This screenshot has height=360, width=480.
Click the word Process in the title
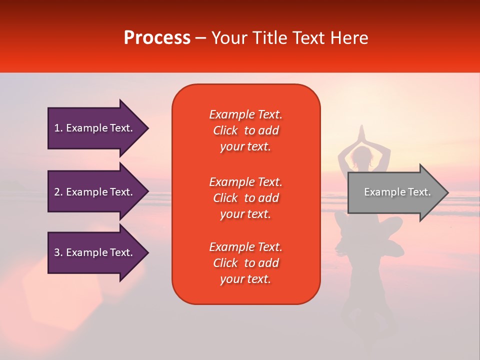pyautogui.click(x=157, y=38)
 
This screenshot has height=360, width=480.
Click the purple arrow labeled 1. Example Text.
pyautogui.click(x=98, y=128)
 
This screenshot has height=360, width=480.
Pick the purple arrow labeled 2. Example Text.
pyautogui.click(x=98, y=191)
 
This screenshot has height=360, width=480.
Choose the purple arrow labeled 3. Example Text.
pyautogui.click(x=98, y=252)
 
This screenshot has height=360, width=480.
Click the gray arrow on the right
pyautogui.click(x=398, y=192)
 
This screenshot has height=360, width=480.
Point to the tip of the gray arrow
pyautogui.click(x=448, y=192)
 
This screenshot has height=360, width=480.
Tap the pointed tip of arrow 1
pyautogui.click(x=148, y=128)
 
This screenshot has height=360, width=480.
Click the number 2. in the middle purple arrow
pyautogui.click(x=58, y=192)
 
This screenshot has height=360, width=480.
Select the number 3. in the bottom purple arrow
pyautogui.click(x=58, y=252)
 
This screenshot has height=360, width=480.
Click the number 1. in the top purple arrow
pyautogui.click(x=58, y=128)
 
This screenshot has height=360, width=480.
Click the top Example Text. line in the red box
pyautogui.click(x=246, y=114)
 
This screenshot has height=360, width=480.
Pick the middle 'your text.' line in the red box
pyautogui.click(x=245, y=214)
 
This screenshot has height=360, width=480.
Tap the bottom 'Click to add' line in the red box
pyautogui.click(x=246, y=263)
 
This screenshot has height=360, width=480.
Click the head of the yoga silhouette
pyautogui.click(x=361, y=155)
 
